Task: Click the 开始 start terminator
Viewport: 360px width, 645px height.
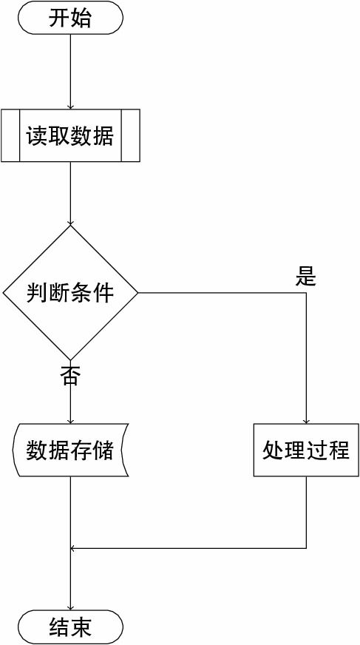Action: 70,18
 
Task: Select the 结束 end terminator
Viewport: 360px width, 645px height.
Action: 70,627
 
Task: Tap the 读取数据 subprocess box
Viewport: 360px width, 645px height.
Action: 70,135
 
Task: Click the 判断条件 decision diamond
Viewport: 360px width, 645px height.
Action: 70,293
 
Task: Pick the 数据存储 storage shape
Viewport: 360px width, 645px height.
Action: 70,450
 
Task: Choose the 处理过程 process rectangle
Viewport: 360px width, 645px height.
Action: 306,450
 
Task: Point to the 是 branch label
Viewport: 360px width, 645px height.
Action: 306,277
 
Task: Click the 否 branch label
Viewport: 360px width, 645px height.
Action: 70,374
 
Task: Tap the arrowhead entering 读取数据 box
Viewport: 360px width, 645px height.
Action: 70,106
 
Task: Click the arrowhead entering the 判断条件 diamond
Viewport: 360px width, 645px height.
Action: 70,222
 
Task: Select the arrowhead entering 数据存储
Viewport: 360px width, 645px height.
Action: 70,421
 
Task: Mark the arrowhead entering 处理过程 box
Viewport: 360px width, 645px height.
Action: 306,421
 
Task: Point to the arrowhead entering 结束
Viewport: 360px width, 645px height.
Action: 70,607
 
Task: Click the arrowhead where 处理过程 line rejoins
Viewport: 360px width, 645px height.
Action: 73,548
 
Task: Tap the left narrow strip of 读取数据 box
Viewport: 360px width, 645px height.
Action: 10,135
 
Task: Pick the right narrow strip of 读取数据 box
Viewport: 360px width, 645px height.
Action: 131,135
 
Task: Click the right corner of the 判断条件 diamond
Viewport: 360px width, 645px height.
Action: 137,293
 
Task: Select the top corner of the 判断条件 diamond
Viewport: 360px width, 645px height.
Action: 70,226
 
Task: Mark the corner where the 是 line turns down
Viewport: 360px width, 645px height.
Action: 306,293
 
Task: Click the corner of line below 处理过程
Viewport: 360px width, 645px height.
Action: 306,548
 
